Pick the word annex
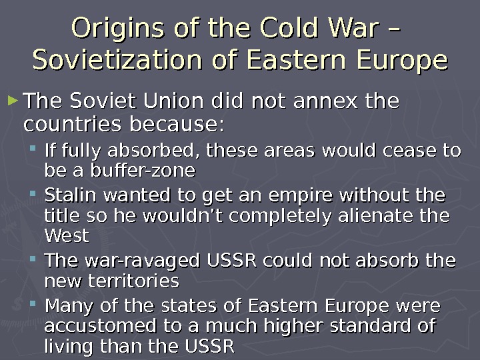click(x=319, y=103)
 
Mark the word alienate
click(x=371, y=217)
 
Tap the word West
click(x=66, y=237)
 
